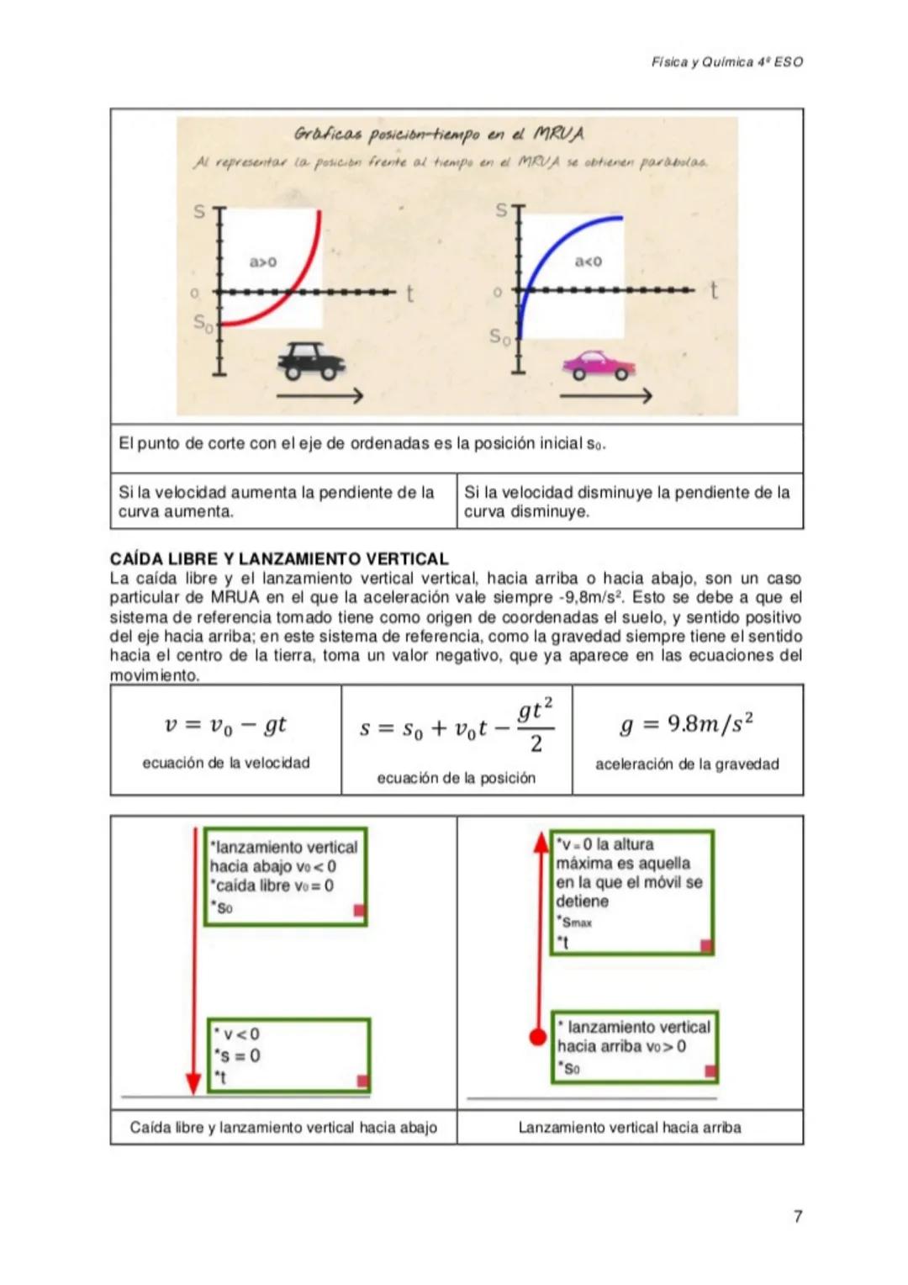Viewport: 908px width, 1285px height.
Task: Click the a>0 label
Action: pyautogui.click(x=262, y=262)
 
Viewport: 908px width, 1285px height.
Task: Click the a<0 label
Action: pyautogui.click(x=588, y=262)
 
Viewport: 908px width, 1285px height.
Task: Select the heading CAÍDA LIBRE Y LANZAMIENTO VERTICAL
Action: pyautogui.click(x=279, y=558)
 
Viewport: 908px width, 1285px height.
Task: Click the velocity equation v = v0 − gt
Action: pyautogui.click(x=225, y=724)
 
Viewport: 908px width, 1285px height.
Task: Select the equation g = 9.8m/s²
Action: pyautogui.click(x=687, y=724)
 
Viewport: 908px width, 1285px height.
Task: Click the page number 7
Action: pyautogui.click(x=797, y=1216)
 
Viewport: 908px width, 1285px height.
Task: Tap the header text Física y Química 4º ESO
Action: pyautogui.click(x=726, y=62)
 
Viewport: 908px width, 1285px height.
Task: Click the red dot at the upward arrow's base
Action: pyautogui.click(x=538, y=1037)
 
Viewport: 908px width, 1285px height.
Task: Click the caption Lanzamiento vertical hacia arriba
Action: pyautogui.click(x=630, y=1128)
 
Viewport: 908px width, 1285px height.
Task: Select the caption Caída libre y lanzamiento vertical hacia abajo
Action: pyautogui.click(x=283, y=1128)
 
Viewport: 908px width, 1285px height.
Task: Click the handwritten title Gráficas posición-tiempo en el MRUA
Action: pyautogui.click(x=439, y=135)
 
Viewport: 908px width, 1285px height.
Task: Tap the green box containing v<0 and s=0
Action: pyautogui.click(x=288, y=1055)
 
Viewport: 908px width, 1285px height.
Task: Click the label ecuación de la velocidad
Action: pyautogui.click(x=225, y=763)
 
